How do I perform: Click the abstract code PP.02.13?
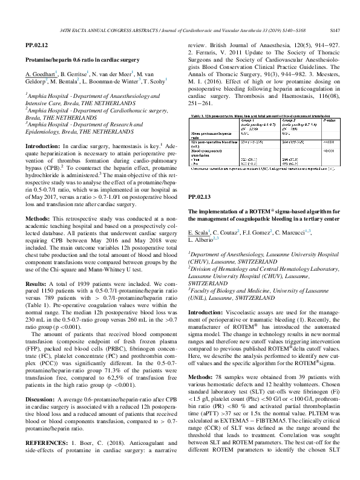(x=200, y=214)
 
